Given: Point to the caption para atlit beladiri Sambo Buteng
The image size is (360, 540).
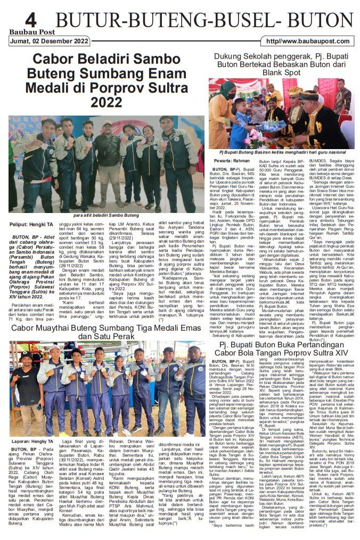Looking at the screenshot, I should (105, 215).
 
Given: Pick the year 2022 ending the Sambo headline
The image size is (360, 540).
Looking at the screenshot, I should (107, 101).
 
